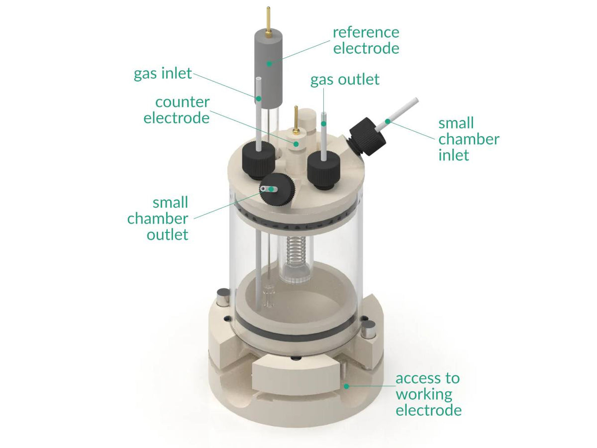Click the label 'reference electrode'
(366, 40)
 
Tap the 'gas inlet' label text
(163, 74)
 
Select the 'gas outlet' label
(345, 79)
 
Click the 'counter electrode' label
(177, 110)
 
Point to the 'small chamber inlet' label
(468, 139)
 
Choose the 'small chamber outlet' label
(158, 218)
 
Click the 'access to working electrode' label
(428, 394)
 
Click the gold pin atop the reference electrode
(269, 20)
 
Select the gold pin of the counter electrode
(296, 119)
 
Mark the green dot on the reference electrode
(269, 63)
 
